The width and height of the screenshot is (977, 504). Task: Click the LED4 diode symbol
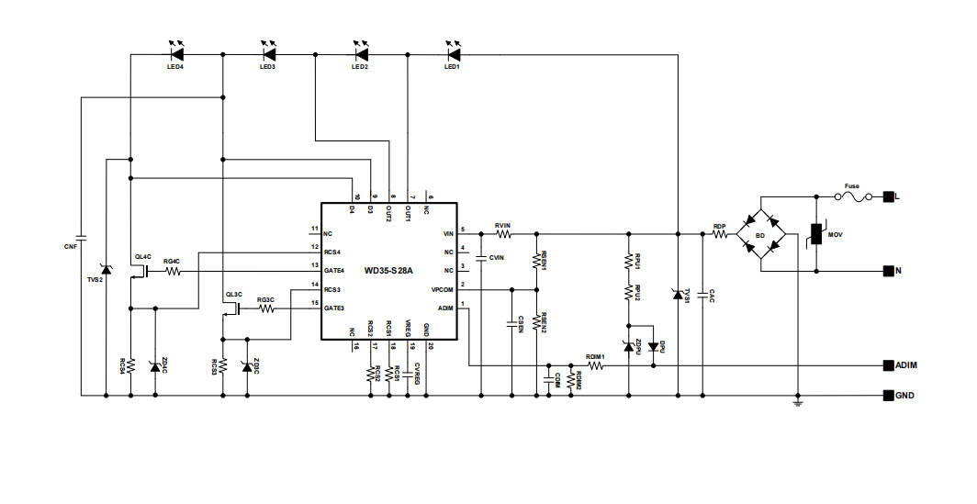174,55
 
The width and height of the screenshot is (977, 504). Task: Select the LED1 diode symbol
452,55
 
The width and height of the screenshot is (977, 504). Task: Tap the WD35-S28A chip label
388,271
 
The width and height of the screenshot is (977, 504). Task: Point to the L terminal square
888,196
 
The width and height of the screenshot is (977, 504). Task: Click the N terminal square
888,271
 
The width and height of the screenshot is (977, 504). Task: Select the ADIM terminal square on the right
888,365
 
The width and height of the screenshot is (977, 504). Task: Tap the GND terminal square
888,397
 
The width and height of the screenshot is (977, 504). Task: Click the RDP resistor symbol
720,234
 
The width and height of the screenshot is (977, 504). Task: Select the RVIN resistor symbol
502,234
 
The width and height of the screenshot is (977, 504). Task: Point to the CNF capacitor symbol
81,237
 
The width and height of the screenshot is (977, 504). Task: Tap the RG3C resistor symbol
266,309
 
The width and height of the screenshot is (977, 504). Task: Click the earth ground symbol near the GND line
798,402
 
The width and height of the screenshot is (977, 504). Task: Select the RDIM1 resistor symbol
596,365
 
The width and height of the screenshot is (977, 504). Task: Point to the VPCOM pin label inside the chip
442,289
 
